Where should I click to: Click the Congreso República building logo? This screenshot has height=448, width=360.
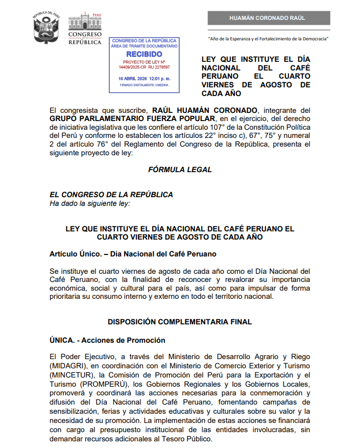[x=85, y=29]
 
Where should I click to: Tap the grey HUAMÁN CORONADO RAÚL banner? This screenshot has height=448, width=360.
[x=268, y=18]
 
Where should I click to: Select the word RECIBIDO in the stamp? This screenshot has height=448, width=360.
[x=144, y=54]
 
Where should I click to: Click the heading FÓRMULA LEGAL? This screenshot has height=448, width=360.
[x=179, y=170]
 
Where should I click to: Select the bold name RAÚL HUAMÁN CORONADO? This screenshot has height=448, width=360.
[x=203, y=110]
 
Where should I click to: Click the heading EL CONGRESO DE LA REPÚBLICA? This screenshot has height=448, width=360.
[x=111, y=195]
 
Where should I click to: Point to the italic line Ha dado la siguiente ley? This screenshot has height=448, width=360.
[x=89, y=203]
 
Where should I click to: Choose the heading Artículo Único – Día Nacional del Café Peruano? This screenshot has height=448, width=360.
[x=133, y=254]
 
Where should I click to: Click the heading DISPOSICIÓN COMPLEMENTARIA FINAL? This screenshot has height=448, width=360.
[x=180, y=322]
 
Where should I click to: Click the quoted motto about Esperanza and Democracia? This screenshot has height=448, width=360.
[x=268, y=39]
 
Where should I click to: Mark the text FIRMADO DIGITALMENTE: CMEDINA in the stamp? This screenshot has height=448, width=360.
[x=144, y=85]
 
